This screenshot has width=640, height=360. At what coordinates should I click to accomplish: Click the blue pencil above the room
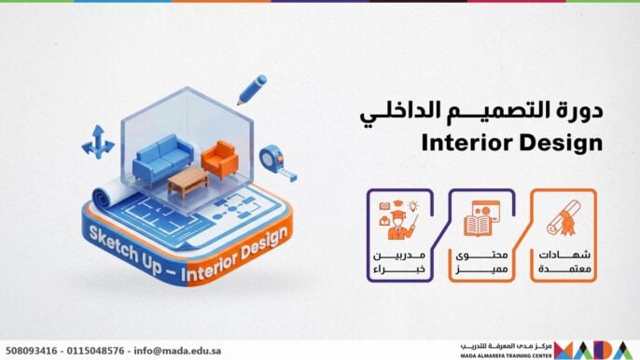point(251,88)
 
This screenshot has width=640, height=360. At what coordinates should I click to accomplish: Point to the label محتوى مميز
point(481,261)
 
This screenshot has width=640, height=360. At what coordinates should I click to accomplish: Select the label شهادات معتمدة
point(563,261)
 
